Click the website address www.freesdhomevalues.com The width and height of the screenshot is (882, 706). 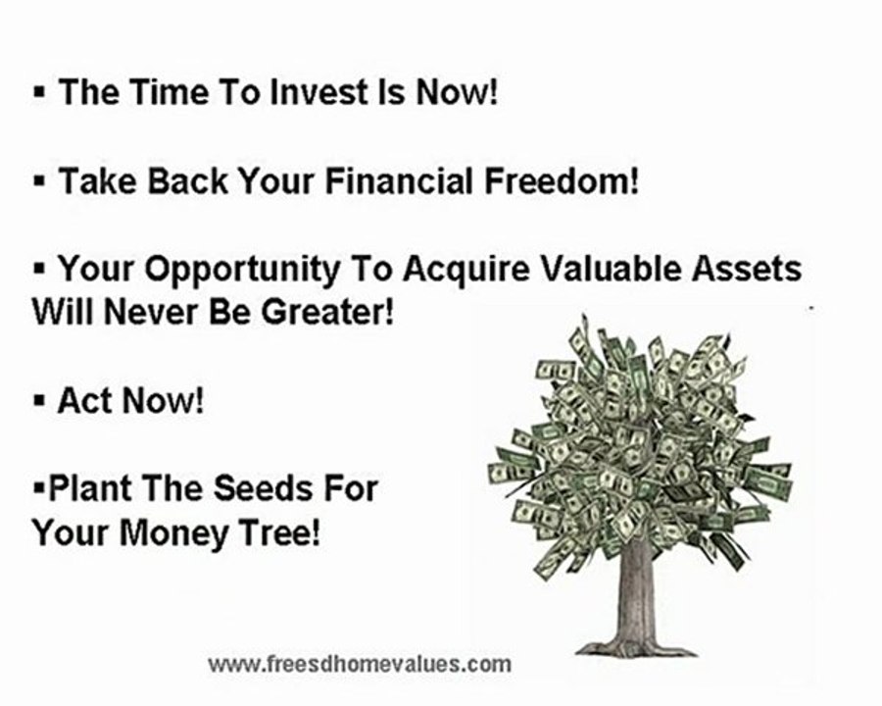359,664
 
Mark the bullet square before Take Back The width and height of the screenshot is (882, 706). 40,182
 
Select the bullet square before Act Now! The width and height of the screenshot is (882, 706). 40,402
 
